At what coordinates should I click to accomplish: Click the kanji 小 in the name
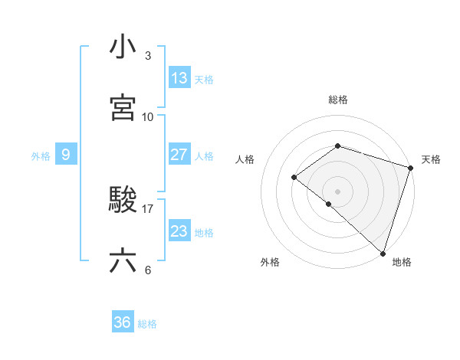click(x=123, y=47)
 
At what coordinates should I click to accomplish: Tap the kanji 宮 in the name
click(x=123, y=108)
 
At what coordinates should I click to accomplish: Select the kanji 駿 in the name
click(x=123, y=201)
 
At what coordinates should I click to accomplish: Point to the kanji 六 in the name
click(x=123, y=261)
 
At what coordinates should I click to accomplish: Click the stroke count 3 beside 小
click(x=148, y=56)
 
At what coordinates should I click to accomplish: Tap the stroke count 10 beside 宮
click(x=148, y=116)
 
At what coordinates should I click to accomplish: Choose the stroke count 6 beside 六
click(x=148, y=270)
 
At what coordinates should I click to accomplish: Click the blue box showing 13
click(x=179, y=78)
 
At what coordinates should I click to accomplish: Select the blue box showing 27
click(x=179, y=155)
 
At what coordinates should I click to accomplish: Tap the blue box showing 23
click(x=179, y=231)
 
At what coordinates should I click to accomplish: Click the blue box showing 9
click(x=66, y=155)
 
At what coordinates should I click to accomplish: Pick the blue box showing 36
click(x=123, y=323)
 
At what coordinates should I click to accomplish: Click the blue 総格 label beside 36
click(x=147, y=324)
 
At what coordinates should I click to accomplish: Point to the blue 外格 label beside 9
click(x=41, y=156)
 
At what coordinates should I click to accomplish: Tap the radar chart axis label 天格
click(x=432, y=159)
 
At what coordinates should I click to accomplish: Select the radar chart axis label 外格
click(x=270, y=262)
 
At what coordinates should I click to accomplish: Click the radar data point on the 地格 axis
click(x=383, y=253)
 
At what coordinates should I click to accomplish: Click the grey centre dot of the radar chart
click(x=337, y=191)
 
